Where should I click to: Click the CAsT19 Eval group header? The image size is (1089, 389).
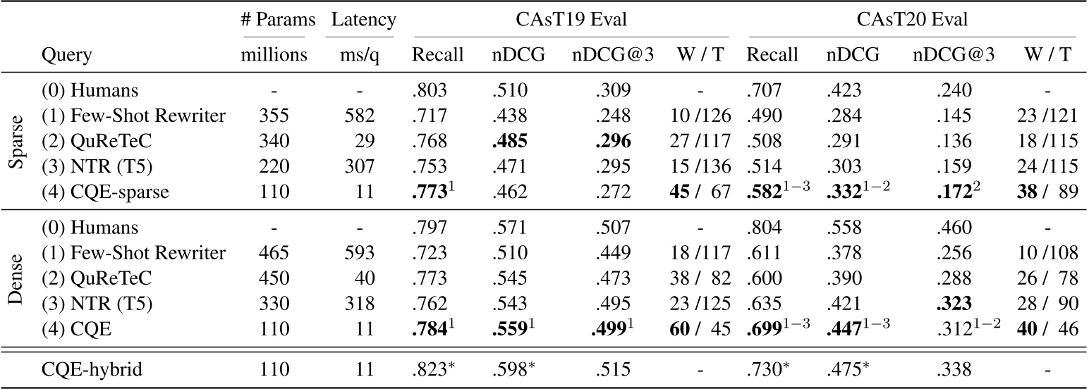click(568, 19)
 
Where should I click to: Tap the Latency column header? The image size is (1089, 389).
click(362, 19)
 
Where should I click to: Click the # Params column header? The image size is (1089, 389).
click(274, 19)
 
